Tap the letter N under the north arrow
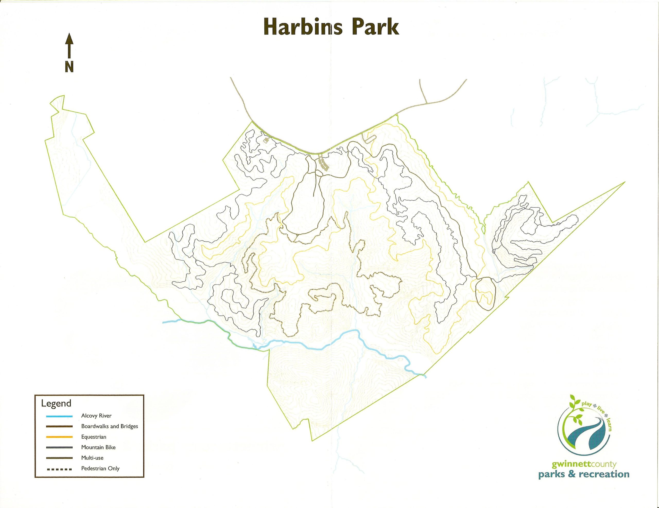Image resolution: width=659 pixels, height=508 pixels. click(69, 66)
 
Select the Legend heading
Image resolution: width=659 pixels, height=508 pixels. click(56, 403)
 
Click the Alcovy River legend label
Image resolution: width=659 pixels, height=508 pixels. click(96, 416)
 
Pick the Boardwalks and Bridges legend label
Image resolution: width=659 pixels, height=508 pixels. click(109, 426)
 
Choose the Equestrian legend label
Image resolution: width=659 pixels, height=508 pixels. click(93, 437)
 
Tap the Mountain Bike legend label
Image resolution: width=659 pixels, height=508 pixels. click(98, 447)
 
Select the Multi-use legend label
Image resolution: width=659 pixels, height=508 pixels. click(92, 458)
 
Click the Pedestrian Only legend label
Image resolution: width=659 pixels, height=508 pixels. click(100, 468)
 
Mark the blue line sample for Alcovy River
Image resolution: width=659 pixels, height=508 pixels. click(59, 416)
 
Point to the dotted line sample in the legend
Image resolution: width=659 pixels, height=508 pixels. click(59, 469)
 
